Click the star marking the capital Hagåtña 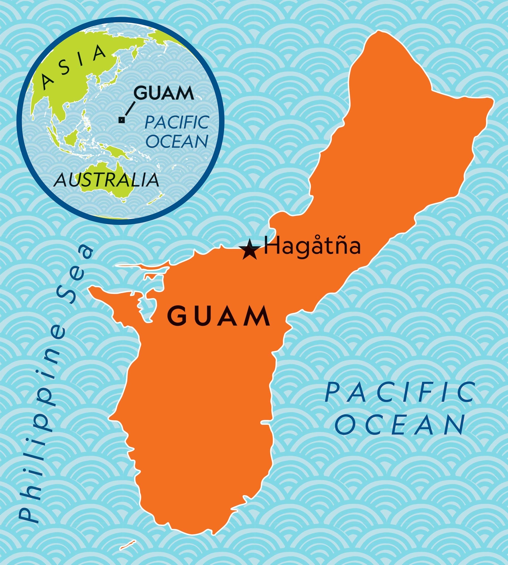249,249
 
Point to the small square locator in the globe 121,120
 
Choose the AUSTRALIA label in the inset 106,180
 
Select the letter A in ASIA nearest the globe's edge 47,81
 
